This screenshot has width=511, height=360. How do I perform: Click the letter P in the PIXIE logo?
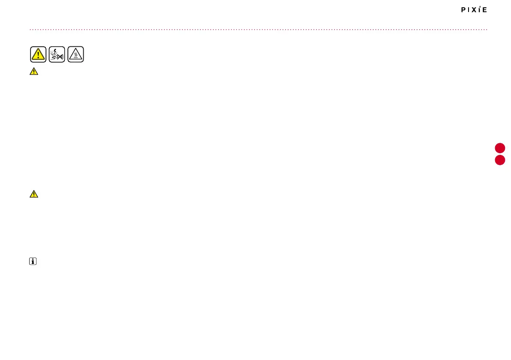click(463, 10)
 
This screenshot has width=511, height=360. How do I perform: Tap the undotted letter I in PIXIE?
click(470, 10)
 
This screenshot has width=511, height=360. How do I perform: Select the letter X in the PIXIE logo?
click(476, 10)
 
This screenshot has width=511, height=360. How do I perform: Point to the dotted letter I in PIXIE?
click(481, 10)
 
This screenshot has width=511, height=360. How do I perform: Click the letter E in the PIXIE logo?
click(485, 10)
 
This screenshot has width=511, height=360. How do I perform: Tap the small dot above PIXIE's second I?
click(481, 7)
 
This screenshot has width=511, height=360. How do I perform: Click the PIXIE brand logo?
click(474, 10)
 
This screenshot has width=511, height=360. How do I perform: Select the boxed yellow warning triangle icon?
click(38, 54)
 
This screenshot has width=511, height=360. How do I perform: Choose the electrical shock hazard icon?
click(57, 54)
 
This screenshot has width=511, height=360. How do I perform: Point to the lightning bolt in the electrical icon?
click(54, 51)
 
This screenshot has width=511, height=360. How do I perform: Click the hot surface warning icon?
click(76, 54)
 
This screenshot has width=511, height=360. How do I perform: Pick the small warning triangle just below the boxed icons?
click(34, 72)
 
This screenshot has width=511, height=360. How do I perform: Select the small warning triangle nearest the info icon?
click(34, 194)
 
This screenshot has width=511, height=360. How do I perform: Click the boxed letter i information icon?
click(33, 261)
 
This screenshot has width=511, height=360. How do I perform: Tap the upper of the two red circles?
click(500, 148)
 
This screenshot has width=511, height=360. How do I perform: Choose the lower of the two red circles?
click(500, 160)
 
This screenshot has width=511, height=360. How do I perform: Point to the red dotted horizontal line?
click(257, 30)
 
